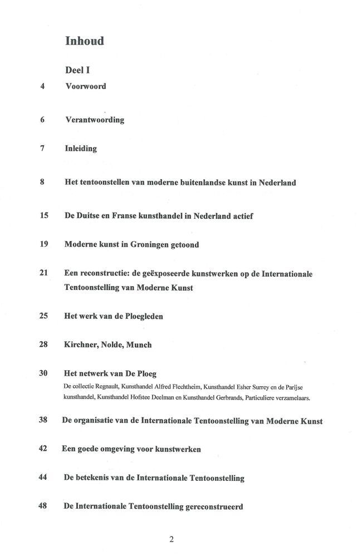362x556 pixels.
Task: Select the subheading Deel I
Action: pyautogui.click(x=77, y=70)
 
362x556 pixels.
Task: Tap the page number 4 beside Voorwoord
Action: pyautogui.click(x=42, y=86)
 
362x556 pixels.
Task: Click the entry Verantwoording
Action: pyautogui.click(x=95, y=120)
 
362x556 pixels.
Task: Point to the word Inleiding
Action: pyautogui.click(x=81, y=149)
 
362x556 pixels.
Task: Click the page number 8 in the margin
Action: pyautogui.click(x=42, y=182)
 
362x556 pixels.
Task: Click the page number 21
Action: pyautogui.click(x=44, y=273)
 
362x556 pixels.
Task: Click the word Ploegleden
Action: pyautogui.click(x=140, y=316)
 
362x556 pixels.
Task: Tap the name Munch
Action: pyautogui.click(x=139, y=345)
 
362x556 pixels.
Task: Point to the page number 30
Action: pyautogui.click(x=44, y=373)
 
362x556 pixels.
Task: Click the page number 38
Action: pyautogui.click(x=43, y=420)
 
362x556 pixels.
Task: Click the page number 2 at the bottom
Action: pyautogui.click(x=172, y=539)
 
